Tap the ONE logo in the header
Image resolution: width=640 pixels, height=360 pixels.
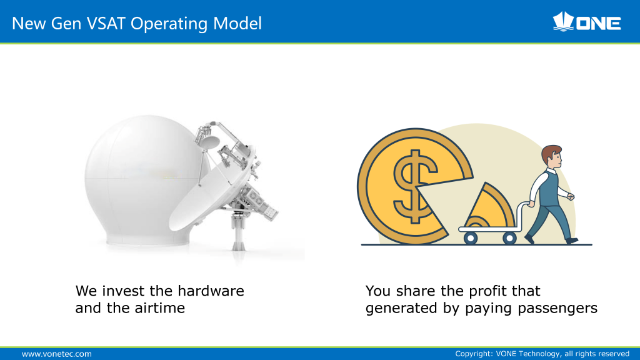(x=586, y=22)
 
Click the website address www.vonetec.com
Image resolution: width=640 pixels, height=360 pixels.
(x=57, y=354)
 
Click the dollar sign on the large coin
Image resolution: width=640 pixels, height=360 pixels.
(x=414, y=186)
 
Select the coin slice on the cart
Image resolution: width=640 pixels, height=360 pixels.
(x=489, y=206)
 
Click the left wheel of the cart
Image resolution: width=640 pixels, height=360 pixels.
(x=471, y=237)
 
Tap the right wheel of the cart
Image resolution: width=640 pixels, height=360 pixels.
(x=509, y=237)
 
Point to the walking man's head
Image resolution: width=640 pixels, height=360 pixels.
(x=552, y=156)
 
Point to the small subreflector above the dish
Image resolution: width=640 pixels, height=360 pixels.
(x=209, y=142)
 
